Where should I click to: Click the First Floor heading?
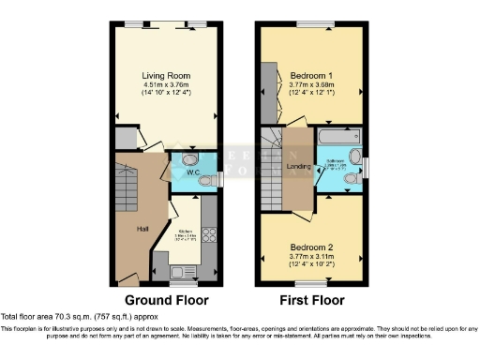click(313, 300)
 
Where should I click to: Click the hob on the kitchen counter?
click(209, 235)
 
